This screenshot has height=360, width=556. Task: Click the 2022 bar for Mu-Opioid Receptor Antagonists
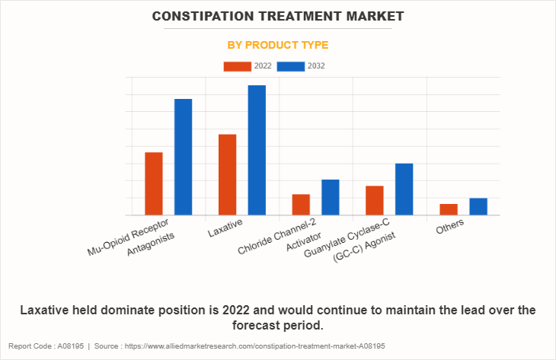point(154,183)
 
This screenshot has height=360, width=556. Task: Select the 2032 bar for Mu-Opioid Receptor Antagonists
point(183,157)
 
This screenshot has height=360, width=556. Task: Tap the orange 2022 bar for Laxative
point(227,174)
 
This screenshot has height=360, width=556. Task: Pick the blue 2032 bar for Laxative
point(257,150)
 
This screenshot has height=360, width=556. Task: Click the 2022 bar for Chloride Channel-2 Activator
point(301,205)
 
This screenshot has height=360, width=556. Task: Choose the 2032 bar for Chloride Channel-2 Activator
point(330,197)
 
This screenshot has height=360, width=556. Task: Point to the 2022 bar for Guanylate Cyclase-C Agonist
point(374,200)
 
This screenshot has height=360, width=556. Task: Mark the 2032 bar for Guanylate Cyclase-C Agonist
point(404,189)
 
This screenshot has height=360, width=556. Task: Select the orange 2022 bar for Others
point(448,209)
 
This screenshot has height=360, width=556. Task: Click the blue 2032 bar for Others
point(478,206)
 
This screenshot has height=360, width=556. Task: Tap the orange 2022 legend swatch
point(237,66)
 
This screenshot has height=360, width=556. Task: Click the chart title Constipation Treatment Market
point(278,16)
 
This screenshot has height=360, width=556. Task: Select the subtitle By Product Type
point(278,45)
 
